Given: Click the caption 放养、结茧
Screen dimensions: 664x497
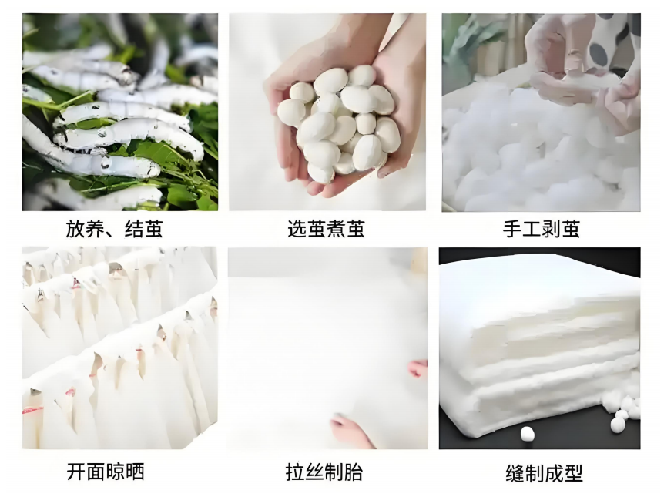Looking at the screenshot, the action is [x=114, y=229].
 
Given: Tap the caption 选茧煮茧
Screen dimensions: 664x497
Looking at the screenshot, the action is [x=326, y=229].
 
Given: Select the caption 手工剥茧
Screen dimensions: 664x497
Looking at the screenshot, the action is [x=542, y=229].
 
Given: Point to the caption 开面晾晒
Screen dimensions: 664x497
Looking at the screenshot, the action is [x=106, y=472].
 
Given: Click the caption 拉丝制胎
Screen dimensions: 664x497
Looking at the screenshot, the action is [x=324, y=472].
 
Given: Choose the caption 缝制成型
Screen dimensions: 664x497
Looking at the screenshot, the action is [x=544, y=473].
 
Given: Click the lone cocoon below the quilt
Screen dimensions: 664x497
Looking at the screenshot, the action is [x=527, y=434].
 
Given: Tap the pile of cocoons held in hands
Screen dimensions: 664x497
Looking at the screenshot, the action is [x=339, y=123].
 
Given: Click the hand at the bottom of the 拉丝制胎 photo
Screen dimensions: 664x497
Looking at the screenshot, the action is [x=351, y=430].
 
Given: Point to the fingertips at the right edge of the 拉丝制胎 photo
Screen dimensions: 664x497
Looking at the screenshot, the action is [x=418, y=368].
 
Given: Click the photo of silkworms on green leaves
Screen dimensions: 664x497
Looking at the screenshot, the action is [x=120, y=112].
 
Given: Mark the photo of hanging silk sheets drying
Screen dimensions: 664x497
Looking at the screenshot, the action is [x=120, y=348].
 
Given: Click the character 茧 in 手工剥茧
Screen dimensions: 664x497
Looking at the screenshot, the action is [x=571, y=229].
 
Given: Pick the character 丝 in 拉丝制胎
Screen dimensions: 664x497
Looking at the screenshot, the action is [x=314, y=472].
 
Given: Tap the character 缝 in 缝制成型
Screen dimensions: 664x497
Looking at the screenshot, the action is [x=515, y=473].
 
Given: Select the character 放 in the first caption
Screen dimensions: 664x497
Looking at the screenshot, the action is [x=75, y=229].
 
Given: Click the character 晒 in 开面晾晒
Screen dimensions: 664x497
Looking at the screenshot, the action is [x=136, y=472].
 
